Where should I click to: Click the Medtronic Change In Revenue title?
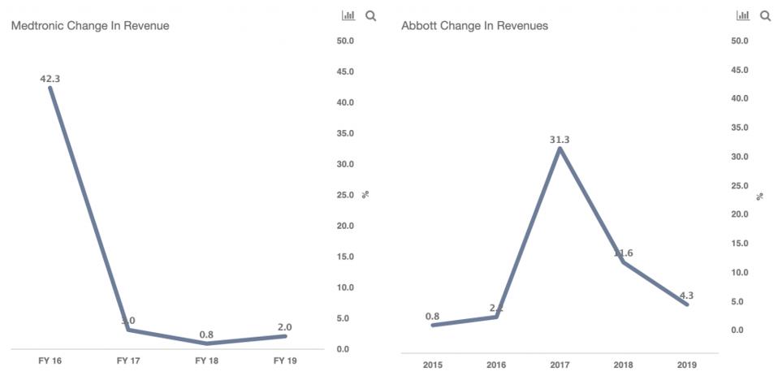pos(90,26)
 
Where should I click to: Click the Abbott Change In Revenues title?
pos(474,26)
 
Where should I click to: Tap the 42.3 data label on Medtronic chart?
pos(50,79)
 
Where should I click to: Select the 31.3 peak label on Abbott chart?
pos(560,140)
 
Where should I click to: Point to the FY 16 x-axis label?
pos(50,361)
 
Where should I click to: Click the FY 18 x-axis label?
pos(207,361)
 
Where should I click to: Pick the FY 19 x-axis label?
pos(285,361)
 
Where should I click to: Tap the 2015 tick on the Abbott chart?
pos(433,365)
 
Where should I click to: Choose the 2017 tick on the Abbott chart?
pos(560,365)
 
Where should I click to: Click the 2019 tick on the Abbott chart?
pos(686,365)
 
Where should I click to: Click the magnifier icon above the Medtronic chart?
pos(371,15)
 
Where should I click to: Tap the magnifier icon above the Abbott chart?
pos(765,15)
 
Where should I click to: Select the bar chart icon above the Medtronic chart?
pos(349,15)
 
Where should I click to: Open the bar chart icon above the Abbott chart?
pos(743,15)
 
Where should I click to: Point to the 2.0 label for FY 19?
pos(285,327)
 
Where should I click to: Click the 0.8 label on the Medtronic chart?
pos(207,335)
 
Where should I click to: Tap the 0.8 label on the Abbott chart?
pos(433,316)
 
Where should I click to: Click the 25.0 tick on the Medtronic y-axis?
pos(344,195)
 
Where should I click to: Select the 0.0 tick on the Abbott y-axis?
pos(737,330)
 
